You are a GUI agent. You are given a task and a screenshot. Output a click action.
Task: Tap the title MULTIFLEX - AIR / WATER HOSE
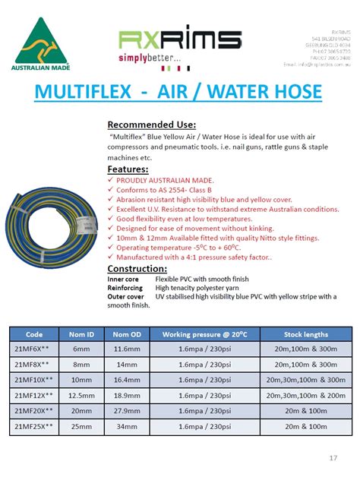click(x=179, y=93)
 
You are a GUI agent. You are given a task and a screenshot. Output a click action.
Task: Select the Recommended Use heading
click(x=152, y=124)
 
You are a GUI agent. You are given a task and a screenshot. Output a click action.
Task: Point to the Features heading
click(x=128, y=169)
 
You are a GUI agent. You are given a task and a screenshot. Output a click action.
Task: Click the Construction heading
click(x=137, y=269)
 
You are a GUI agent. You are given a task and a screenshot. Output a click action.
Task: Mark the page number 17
click(x=333, y=458)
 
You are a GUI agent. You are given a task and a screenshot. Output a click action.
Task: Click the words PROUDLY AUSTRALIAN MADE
click(x=156, y=181)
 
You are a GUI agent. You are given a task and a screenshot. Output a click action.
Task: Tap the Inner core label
click(x=125, y=279)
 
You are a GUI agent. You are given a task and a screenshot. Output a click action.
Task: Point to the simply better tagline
click(x=150, y=58)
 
